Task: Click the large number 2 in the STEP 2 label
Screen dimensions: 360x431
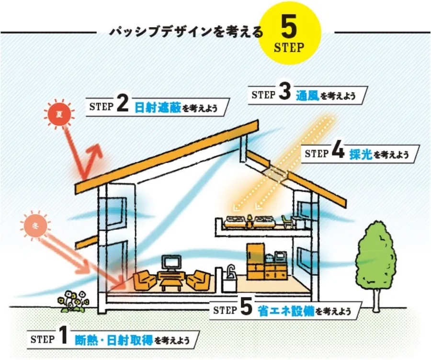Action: (x=122, y=106)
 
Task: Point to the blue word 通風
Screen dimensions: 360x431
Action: (x=306, y=94)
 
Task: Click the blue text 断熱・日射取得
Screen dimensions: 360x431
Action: (x=113, y=340)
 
